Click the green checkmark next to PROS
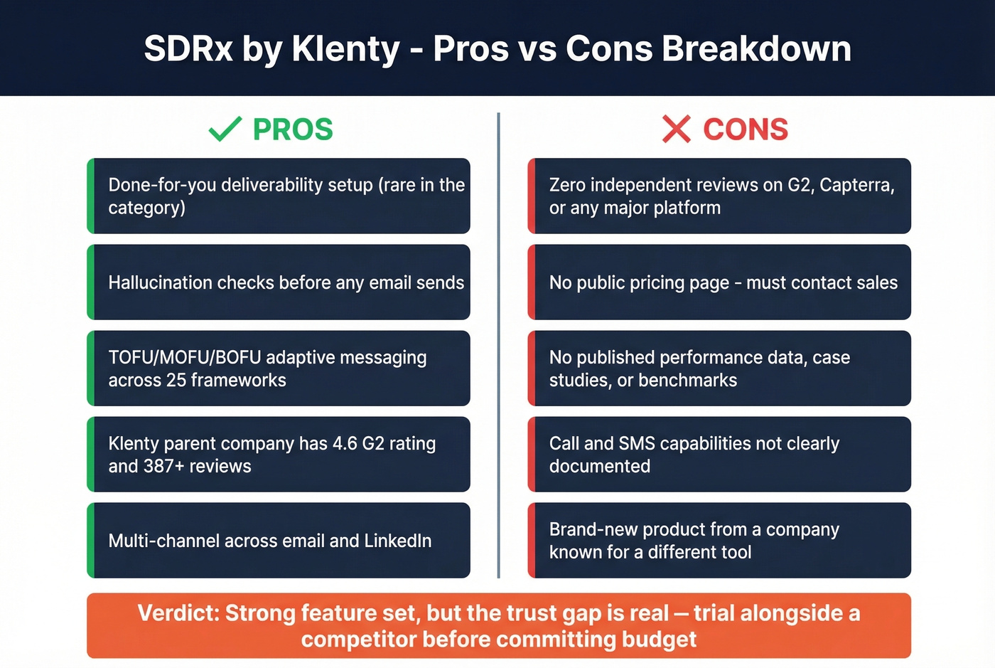pos(225,129)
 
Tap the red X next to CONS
pos(676,129)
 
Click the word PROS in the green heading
pos(293,129)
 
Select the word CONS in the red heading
pos(746,129)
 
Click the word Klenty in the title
pos(346,49)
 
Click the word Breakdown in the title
pos(756,49)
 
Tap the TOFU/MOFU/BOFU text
pos(185,357)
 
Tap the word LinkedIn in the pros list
pos(397,541)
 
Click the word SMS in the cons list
pos(637,443)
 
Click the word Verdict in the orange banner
pos(178,613)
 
